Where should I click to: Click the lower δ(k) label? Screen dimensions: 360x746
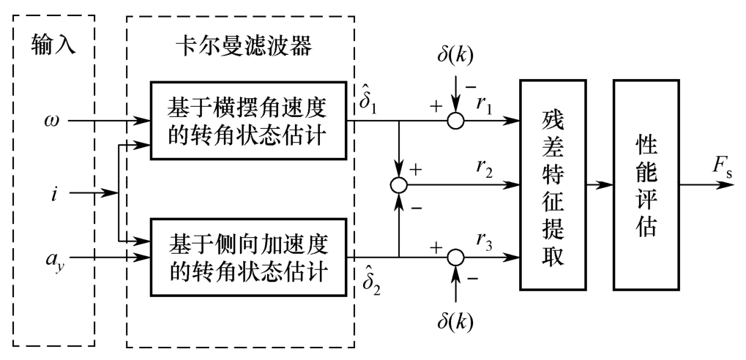tap(455, 323)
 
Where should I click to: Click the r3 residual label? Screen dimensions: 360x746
tap(485, 239)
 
